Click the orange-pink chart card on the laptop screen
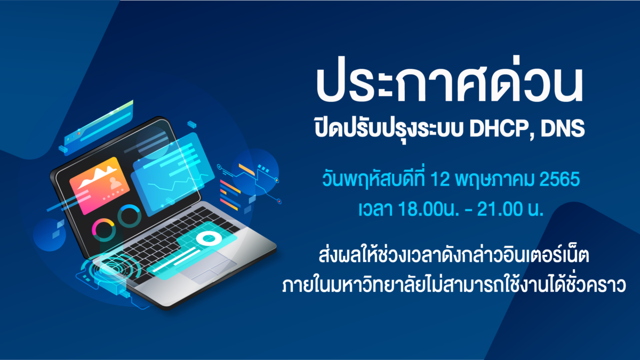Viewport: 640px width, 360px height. click(99, 186)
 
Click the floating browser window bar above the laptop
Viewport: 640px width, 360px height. click(99, 127)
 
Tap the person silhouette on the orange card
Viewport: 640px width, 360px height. click(116, 183)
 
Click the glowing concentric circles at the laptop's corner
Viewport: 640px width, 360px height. click(110, 269)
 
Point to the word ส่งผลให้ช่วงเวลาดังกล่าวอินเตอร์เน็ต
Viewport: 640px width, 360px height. click(454, 255)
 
